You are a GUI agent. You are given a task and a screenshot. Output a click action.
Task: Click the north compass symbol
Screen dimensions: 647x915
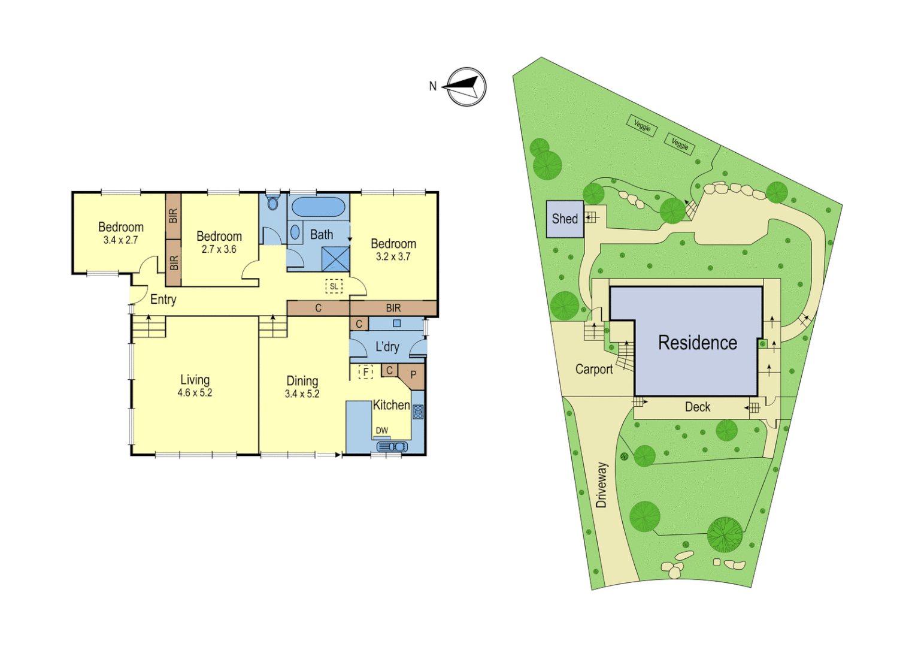click(x=466, y=87)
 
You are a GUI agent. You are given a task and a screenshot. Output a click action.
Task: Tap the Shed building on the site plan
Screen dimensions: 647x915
click(x=565, y=219)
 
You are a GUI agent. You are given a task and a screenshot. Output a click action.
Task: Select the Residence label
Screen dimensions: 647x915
click(x=698, y=343)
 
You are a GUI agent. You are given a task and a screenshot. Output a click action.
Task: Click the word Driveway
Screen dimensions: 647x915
click(x=601, y=485)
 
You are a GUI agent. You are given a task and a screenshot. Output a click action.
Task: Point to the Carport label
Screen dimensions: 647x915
click(x=594, y=369)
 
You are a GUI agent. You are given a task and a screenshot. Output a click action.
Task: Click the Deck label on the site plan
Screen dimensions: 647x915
click(x=698, y=407)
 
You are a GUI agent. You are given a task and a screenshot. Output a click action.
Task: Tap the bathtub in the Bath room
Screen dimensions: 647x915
click(x=318, y=207)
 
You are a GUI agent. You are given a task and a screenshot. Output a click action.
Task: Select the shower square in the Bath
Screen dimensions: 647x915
click(x=335, y=259)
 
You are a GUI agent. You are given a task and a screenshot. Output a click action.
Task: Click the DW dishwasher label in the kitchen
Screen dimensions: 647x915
click(x=381, y=430)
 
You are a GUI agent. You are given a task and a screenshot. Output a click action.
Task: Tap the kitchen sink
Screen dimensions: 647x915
click(x=392, y=446)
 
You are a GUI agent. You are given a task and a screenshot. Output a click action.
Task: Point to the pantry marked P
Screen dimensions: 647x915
click(x=413, y=375)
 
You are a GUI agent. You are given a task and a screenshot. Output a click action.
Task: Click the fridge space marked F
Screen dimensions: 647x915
click(x=365, y=372)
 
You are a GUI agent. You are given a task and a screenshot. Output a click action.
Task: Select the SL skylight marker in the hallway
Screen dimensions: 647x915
click(x=334, y=286)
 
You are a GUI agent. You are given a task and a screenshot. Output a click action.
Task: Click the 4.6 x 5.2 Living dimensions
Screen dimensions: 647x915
click(x=195, y=393)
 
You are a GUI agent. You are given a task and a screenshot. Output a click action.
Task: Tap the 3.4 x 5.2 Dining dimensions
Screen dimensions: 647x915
click(x=302, y=394)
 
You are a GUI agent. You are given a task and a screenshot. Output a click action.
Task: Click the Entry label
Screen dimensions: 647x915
click(x=163, y=300)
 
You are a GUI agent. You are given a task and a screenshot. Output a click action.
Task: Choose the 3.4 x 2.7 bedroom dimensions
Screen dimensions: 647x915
click(x=120, y=240)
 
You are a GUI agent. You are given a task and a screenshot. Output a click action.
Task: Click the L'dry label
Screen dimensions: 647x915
click(x=387, y=347)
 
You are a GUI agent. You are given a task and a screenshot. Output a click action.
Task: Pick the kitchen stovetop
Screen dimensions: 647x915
click(x=418, y=412)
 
